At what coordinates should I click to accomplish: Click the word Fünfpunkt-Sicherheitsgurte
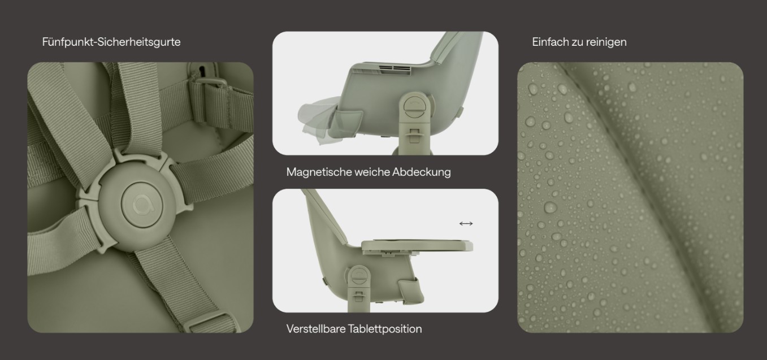111,42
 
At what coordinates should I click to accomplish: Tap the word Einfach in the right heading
550,42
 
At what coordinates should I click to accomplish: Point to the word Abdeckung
422,172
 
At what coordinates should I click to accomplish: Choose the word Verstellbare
316,329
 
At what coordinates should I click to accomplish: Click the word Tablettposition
385,329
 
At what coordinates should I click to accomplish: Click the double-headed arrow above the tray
466,224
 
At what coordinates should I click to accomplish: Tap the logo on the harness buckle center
142,205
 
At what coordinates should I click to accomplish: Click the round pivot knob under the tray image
359,276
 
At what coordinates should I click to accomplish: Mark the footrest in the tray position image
410,290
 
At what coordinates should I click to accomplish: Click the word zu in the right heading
577,42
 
